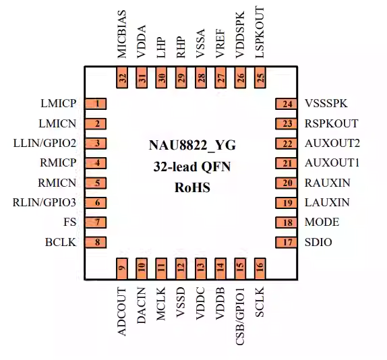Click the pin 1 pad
(98, 104)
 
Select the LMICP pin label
(59, 104)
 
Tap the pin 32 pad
(122, 78)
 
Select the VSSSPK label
(326, 104)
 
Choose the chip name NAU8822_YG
(193, 145)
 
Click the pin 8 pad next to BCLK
(98, 242)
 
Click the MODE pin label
(322, 222)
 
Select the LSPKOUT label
(260, 34)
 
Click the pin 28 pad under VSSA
(201, 78)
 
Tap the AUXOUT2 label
(332, 144)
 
